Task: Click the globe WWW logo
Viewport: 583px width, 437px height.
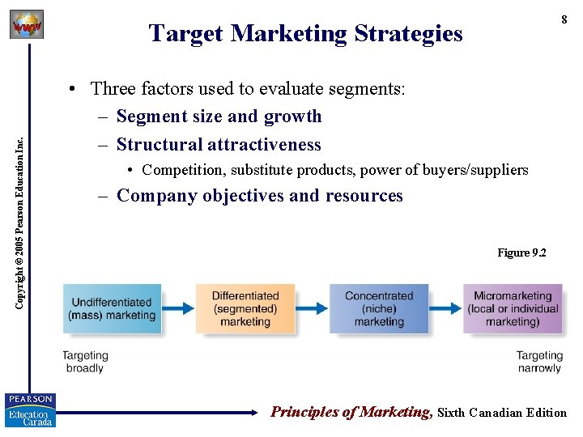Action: click(27, 25)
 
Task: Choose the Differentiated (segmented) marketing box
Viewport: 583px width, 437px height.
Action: click(245, 308)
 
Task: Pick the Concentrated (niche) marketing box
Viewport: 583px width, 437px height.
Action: click(378, 308)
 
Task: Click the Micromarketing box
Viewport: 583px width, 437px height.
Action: click(512, 308)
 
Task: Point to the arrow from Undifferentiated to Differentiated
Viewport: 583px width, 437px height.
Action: click(177, 308)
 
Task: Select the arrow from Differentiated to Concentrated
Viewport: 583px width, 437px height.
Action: click(311, 308)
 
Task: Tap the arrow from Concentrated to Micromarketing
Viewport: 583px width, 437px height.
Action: click(445, 308)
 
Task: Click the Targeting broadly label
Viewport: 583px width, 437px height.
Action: click(85, 362)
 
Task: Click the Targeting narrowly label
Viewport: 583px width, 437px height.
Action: click(538, 362)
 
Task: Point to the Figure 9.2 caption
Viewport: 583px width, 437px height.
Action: click(521, 253)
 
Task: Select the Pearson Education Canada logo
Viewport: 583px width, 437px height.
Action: click(30, 409)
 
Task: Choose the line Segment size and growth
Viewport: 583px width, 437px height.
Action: click(219, 117)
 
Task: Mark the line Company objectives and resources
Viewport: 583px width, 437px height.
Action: click(259, 196)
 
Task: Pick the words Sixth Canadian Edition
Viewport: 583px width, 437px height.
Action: click(502, 413)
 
